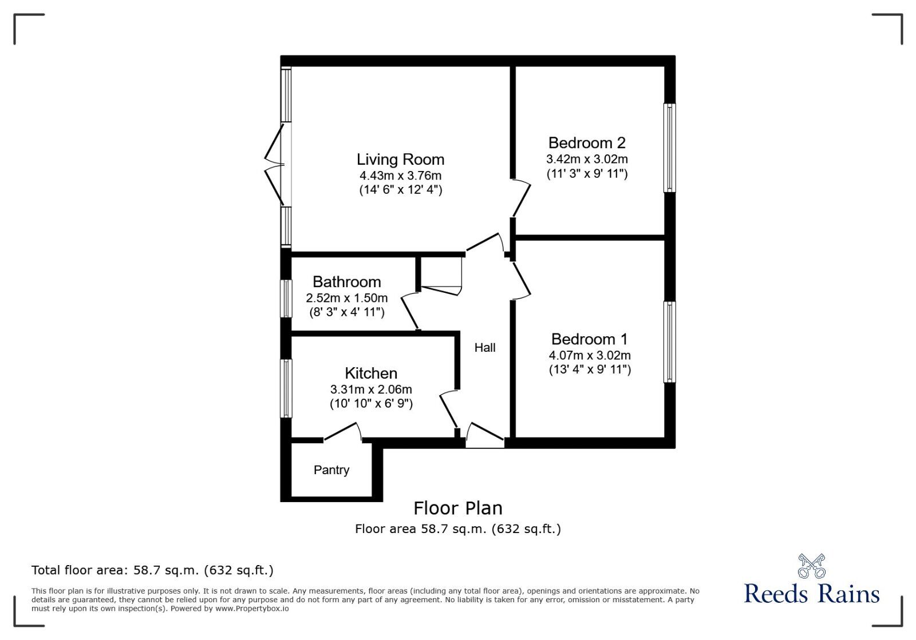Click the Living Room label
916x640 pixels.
pos(400,160)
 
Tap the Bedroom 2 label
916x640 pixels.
pos(587,143)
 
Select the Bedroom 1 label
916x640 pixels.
pos(589,339)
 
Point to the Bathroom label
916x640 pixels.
pos(346,282)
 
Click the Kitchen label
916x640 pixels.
pos(371,373)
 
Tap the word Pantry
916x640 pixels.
pos(331,470)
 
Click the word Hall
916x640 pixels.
pos(484,348)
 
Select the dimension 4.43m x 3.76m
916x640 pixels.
pos(400,176)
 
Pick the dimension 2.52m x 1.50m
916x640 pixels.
pos(346,298)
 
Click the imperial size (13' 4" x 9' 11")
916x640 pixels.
pos(590,369)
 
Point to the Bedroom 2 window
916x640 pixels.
pos(669,148)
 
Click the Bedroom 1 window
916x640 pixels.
pos(669,341)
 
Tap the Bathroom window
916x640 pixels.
pos(286,298)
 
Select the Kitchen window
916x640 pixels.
pos(286,388)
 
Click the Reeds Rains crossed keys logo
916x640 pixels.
pos(811,566)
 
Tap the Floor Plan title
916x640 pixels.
pos(458,508)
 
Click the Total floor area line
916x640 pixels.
pos(152,570)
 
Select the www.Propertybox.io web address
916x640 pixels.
pos(252,609)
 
